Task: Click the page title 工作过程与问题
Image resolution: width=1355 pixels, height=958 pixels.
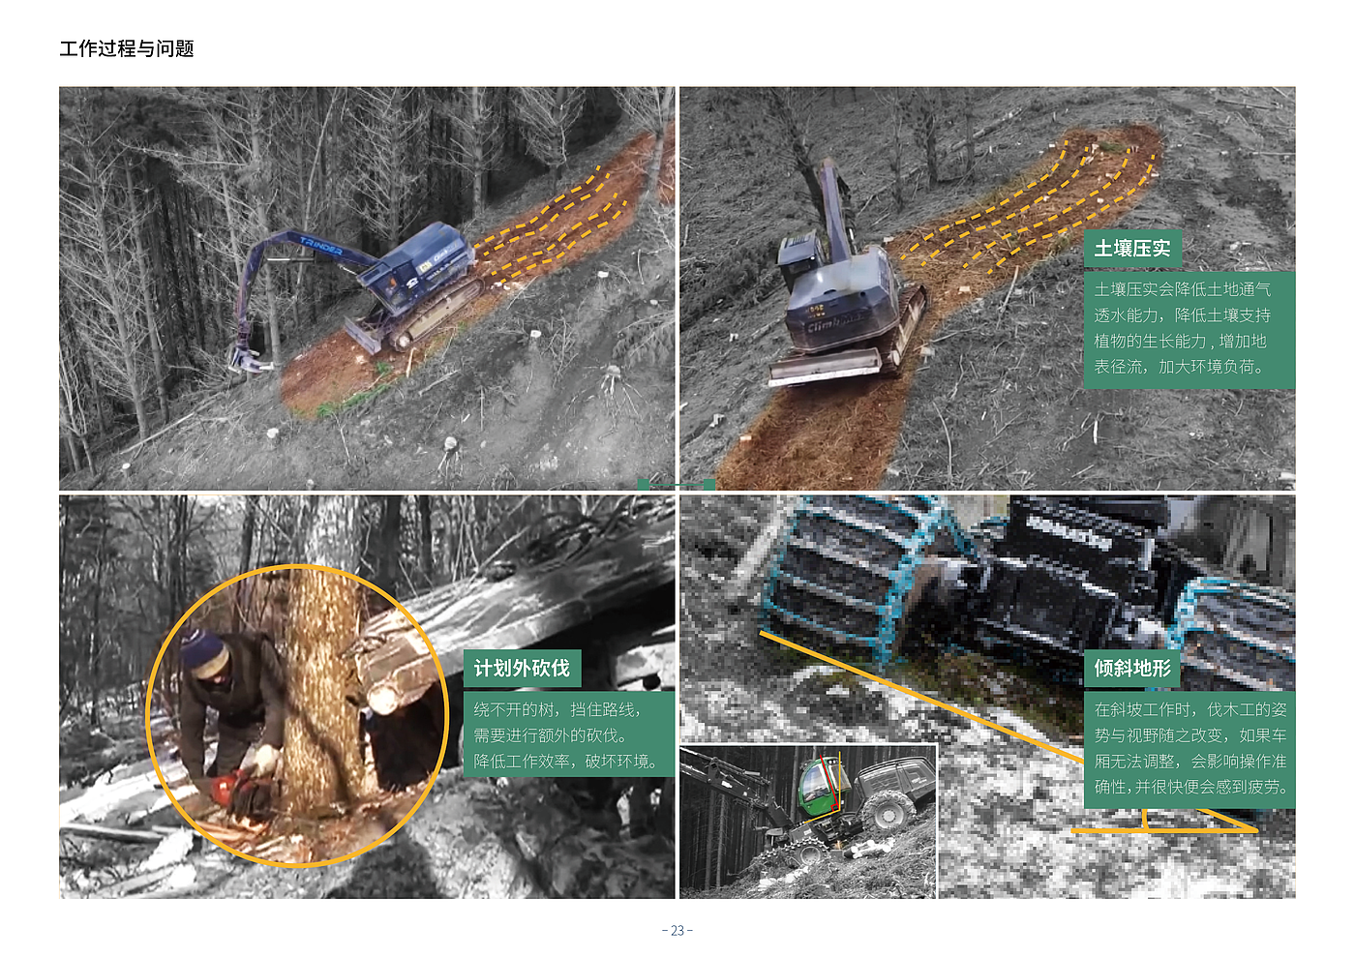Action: point(127,48)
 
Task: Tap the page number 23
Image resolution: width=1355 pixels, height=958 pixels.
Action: point(677,930)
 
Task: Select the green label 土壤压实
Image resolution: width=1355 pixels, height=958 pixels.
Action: point(1132,248)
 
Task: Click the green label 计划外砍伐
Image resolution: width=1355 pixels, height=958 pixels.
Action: point(522,669)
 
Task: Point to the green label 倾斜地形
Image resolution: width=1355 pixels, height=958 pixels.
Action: point(1131,669)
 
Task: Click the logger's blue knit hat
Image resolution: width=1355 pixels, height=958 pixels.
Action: point(203,649)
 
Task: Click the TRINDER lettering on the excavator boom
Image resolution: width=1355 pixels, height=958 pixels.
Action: point(320,246)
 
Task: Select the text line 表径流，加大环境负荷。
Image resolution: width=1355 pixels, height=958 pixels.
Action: point(1180,367)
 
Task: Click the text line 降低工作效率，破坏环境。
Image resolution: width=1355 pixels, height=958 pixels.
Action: point(565,761)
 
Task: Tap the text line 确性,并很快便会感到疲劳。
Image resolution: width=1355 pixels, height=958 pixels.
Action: point(1190,787)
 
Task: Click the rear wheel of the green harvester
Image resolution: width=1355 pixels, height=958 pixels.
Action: point(887,811)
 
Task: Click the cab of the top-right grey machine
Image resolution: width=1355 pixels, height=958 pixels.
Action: point(798,260)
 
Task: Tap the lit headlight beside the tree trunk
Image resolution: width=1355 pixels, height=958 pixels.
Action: point(383,700)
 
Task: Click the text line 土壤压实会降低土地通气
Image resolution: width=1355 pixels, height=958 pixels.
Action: point(1182,289)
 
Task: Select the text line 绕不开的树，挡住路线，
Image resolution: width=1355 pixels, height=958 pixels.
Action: point(557,709)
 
